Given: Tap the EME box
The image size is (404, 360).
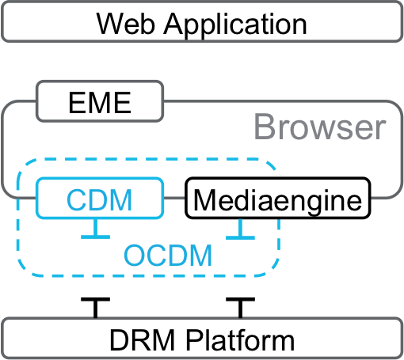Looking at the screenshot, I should tap(101, 103).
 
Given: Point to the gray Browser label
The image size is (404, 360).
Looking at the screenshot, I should tap(320, 127).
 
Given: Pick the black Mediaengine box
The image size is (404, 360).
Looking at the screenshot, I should tap(278, 199).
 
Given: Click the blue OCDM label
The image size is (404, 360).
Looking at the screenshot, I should tap(169, 255).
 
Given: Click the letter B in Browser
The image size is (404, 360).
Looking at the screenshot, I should tap(265, 127).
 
